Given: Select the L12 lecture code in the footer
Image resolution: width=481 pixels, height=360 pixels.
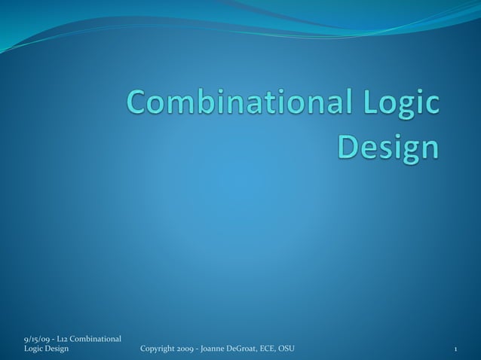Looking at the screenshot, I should pos(64,338).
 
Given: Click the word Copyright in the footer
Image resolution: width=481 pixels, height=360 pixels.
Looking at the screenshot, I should pos(158,348).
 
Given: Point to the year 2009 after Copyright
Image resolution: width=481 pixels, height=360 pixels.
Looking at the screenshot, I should pos(188,348).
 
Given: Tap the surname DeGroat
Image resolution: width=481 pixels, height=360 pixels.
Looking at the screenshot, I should pos(248,348).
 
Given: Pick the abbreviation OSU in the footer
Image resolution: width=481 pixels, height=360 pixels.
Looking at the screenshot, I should pos(287,348).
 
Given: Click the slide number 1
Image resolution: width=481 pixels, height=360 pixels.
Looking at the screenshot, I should pos(457,349).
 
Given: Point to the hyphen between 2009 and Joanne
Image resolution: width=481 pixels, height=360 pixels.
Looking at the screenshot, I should pos(201,349).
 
